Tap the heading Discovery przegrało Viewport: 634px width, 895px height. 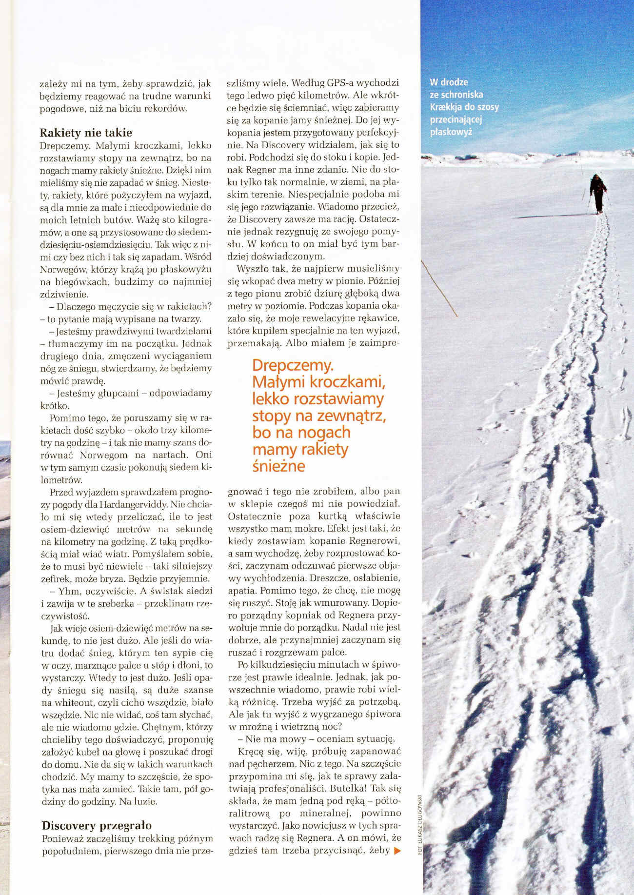(97, 825)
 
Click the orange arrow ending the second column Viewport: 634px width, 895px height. (396, 851)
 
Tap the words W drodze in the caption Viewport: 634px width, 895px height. (449, 82)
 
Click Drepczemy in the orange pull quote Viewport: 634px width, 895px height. (293, 365)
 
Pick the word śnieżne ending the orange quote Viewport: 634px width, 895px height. (278, 466)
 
